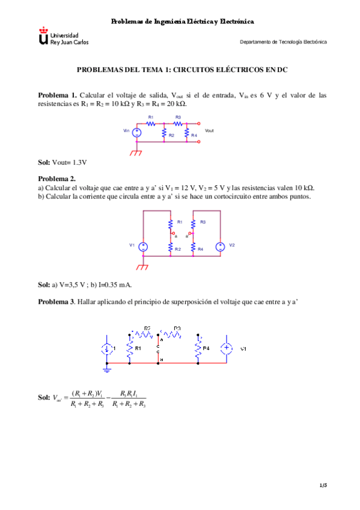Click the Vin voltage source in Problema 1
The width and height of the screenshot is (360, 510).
click(x=137, y=132)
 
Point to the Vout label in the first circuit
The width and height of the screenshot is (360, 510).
click(x=209, y=130)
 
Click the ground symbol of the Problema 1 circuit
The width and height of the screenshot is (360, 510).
click(x=137, y=153)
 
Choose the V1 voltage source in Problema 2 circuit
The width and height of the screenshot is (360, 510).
click(x=144, y=246)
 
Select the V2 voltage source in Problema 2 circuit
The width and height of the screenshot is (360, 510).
click(x=220, y=246)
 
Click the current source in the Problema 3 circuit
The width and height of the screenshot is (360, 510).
click(x=107, y=349)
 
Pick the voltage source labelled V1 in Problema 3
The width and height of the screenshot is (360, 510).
click(x=227, y=348)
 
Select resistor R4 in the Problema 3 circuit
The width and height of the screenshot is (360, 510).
click(x=198, y=348)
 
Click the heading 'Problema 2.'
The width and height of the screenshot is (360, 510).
click(x=57, y=179)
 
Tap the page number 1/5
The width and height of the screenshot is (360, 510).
click(x=323, y=485)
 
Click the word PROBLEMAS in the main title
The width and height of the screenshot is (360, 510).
click(x=99, y=70)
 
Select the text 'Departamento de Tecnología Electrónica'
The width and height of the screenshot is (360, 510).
click(x=283, y=42)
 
